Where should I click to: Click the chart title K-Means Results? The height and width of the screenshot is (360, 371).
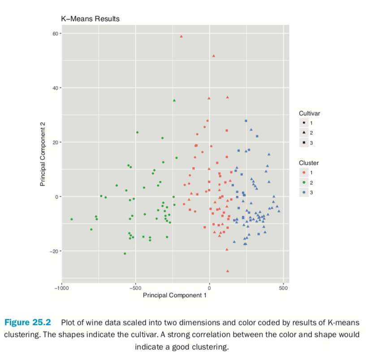click(90, 19)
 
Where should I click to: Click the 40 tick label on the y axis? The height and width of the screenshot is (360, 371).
click(56, 88)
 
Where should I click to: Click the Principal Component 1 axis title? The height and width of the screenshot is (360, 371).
click(175, 295)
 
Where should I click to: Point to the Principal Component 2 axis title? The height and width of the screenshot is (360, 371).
click(43, 157)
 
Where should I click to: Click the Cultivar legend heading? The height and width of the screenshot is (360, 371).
click(309, 114)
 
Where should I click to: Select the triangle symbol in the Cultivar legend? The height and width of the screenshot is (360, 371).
click(304, 133)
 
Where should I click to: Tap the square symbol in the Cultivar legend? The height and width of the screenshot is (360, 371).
click(304, 143)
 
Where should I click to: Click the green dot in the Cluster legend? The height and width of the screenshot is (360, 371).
click(304, 182)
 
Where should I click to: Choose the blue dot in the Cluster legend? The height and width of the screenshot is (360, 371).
click(304, 192)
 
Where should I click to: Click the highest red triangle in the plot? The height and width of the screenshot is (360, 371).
click(181, 36)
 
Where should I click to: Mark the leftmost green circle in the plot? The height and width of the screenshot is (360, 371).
click(72, 219)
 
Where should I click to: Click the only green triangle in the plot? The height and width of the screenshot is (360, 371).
click(174, 100)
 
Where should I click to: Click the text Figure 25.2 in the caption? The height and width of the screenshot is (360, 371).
click(27, 322)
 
